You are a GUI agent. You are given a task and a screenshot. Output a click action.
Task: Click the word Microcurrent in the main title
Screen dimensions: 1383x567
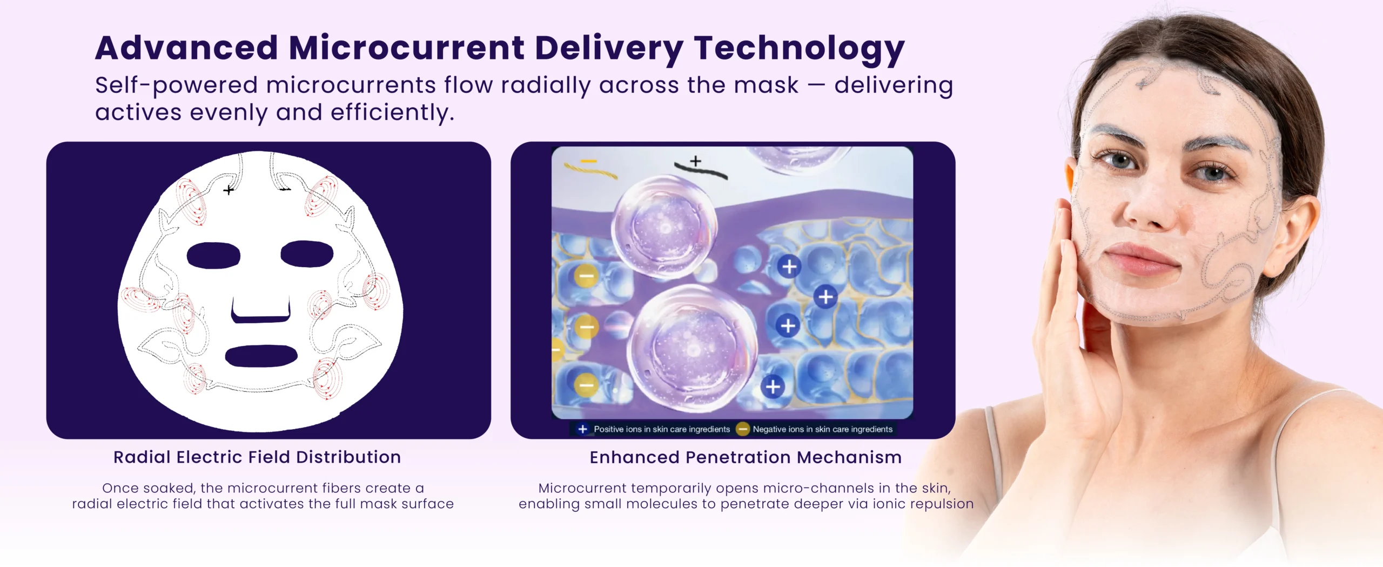[x=406, y=48]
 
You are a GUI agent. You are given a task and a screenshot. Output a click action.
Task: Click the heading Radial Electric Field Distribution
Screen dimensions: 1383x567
[x=257, y=457]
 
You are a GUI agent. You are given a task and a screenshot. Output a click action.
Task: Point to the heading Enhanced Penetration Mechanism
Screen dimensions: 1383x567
[x=746, y=457]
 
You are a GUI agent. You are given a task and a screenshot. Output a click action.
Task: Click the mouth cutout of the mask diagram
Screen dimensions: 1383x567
[x=261, y=356]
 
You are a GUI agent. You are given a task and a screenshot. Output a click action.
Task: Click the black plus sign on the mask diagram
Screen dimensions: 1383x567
[x=229, y=190]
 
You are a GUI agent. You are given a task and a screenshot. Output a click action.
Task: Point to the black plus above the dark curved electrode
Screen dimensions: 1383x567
[x=696, y=161]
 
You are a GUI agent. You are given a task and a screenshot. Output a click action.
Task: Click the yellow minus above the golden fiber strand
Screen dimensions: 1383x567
[x=588, y=161]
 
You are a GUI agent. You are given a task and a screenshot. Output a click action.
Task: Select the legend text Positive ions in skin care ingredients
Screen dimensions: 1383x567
[x=662, y=429]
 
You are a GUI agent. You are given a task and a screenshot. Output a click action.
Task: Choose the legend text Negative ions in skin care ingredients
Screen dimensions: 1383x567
[x=822, y=429]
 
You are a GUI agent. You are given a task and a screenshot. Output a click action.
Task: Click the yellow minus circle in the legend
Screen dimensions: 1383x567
[x=743, y=429]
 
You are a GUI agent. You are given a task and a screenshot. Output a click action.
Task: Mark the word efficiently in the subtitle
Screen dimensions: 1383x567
[x=393, y=113]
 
